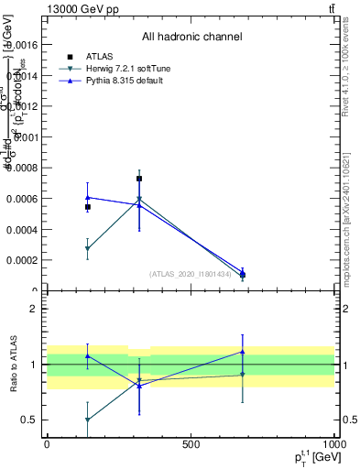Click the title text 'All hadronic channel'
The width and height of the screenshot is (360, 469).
click(191, 37)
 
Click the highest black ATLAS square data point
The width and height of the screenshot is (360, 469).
click(139, 179)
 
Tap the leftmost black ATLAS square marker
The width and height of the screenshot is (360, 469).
click(88, 207)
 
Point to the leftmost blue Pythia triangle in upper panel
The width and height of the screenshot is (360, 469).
click(88, 197)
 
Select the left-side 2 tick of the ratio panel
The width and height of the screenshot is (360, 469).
click(34, 309)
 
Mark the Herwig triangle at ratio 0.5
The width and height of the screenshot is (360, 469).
click(88, 420)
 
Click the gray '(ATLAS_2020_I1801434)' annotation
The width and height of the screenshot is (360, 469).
click(191, 274)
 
